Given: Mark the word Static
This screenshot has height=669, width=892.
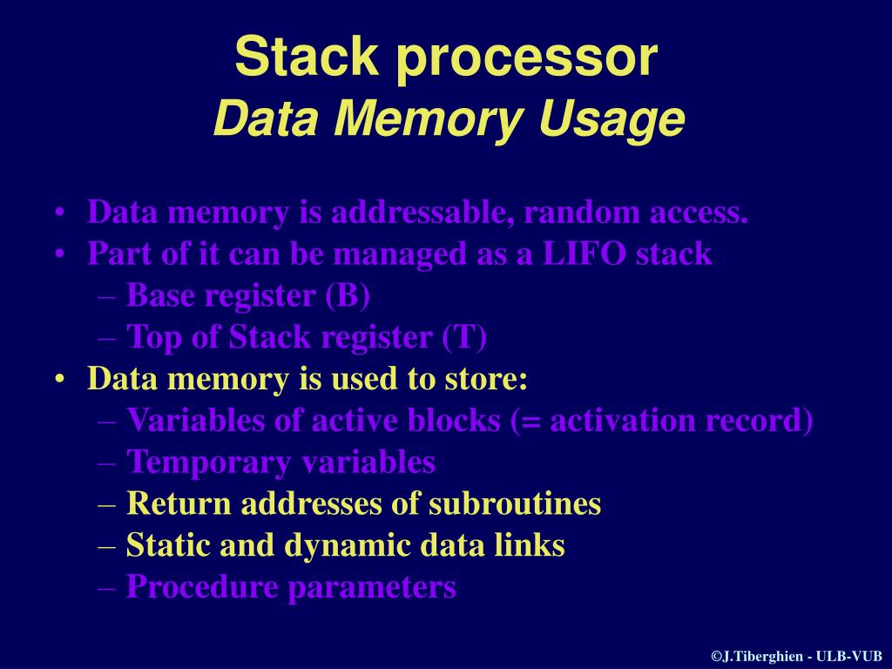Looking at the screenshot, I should point(167,545).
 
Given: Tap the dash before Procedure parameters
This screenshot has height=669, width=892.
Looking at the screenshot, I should point(107,587).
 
